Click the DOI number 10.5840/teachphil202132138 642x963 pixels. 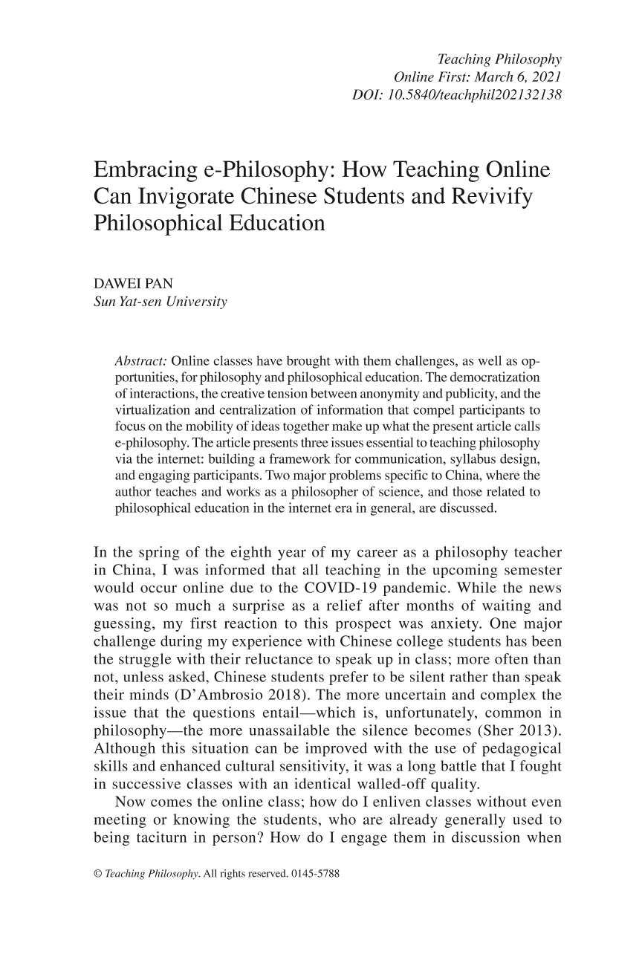point(470,95)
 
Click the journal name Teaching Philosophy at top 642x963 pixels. point(499,59)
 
